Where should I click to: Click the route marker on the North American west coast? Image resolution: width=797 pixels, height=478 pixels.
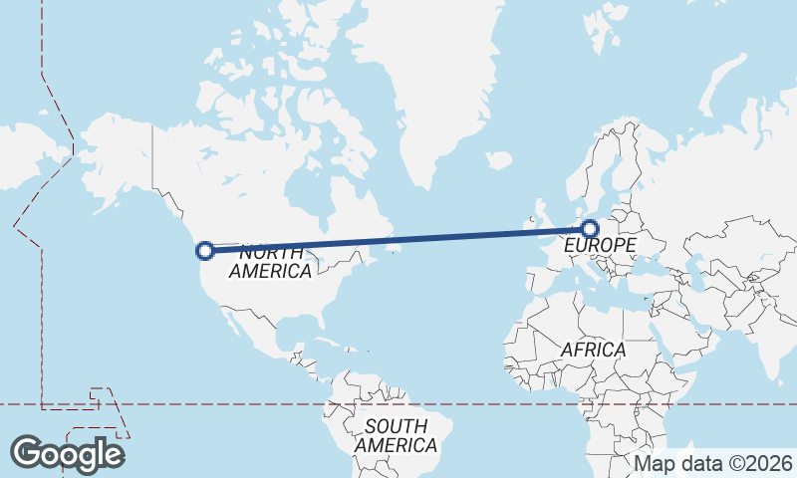tap(206, 251)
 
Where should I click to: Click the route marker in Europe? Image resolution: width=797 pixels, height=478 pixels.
tap(591, 228)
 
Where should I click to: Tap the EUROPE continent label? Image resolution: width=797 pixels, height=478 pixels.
tap(599, 245)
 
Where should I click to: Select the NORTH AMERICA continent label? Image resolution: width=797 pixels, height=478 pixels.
tap(271, 261)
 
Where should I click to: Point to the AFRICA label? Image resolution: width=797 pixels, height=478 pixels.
tap(593, 350)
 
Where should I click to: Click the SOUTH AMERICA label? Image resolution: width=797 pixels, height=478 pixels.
tap(396, 435)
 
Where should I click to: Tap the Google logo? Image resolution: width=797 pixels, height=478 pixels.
tap(67, 454)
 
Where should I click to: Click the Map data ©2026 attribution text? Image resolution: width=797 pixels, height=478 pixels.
tap(713, 464)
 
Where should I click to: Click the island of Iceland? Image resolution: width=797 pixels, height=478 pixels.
tap(499, 159)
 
